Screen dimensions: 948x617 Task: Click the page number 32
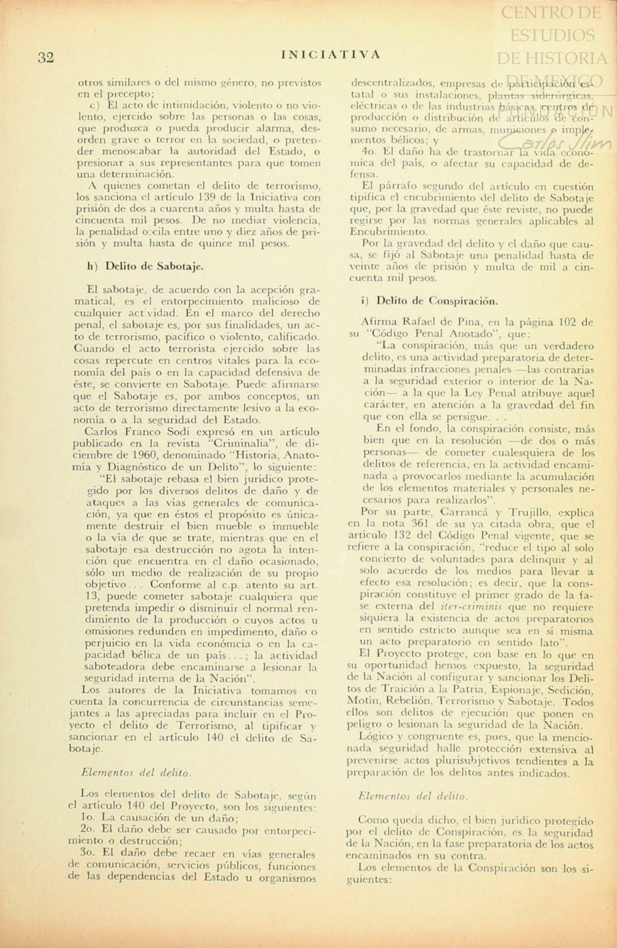[x=46, y=58]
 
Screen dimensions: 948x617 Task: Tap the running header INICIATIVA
[x=331, y=54]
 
